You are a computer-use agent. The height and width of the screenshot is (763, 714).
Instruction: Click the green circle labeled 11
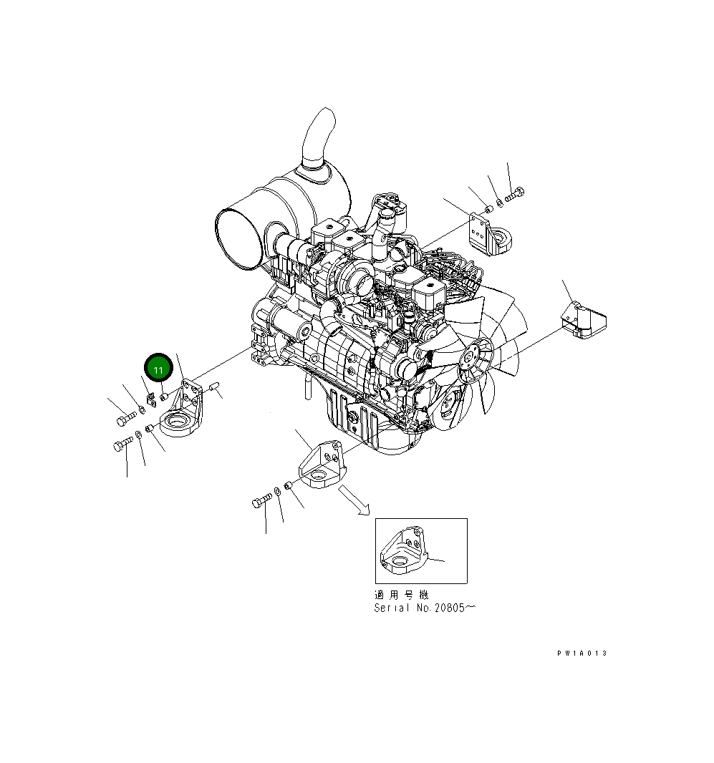point(158,369)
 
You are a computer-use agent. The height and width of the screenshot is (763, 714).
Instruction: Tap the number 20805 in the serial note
point(450,608)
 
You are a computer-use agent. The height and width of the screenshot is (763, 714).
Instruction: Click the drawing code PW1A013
point(582,653)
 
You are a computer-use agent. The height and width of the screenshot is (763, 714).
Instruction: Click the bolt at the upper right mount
point(515,193)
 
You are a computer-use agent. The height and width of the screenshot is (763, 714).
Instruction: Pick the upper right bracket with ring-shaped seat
point(489,235)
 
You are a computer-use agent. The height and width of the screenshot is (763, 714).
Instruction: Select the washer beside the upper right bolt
point(500,201)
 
